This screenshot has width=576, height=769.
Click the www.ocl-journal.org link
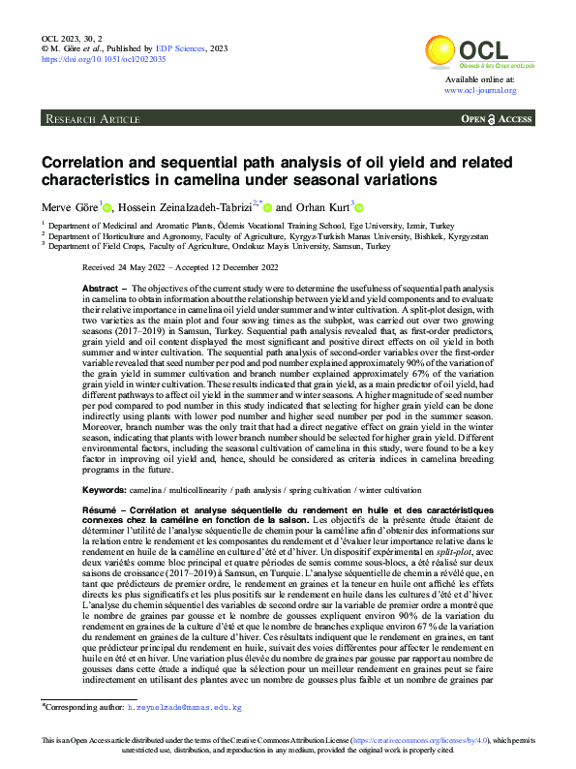pos(480,90)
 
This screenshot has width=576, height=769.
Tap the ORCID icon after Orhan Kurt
pos(360,207)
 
